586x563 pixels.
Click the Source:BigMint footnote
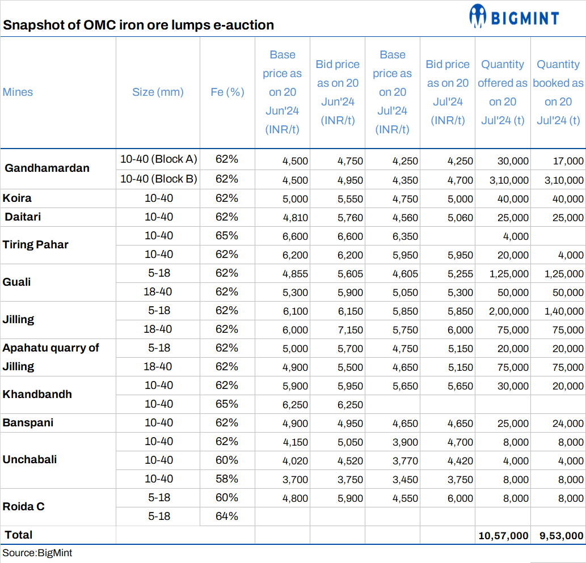click(37, 553)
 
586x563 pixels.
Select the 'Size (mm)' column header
click(158, 92)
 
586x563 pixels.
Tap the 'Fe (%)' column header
click(227, 92)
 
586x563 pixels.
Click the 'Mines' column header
click(18, 92)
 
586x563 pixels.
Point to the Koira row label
click(18, 198)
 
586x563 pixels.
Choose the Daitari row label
click(23, 217)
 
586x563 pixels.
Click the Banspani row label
click(25, 422)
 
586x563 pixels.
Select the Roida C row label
click(24, 506)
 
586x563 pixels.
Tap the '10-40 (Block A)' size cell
click(158, 159)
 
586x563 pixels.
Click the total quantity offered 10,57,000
click(503, 535)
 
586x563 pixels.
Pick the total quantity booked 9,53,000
click(558, 535)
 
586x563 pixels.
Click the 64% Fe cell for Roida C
click(227, 516)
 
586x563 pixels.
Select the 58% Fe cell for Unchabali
click(227, 479)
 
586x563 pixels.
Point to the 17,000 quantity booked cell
click(567, 161)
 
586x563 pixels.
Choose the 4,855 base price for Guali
click(295, 274)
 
